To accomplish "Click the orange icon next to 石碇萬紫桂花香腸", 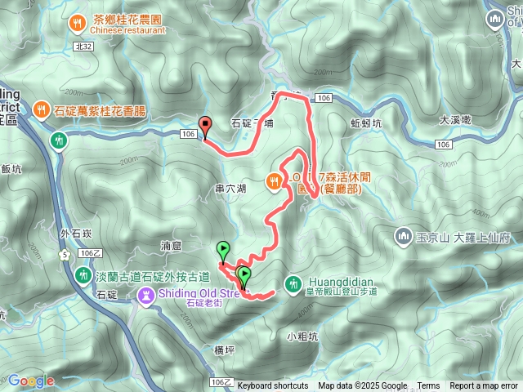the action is (40, 108).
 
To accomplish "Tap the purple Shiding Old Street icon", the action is (146, 294).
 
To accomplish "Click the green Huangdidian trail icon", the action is (293, 284).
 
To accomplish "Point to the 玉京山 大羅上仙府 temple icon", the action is (402, 238).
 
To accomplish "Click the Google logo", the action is (31, 381).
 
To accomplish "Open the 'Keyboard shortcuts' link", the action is (273, 386).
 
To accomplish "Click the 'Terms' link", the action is (428, 386).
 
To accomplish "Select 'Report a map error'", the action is (484, 386).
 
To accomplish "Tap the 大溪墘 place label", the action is (455, 119).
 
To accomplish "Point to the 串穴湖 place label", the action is (230, 188).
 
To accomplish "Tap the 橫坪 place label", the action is (224, 350).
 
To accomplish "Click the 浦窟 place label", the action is (172, 245).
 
